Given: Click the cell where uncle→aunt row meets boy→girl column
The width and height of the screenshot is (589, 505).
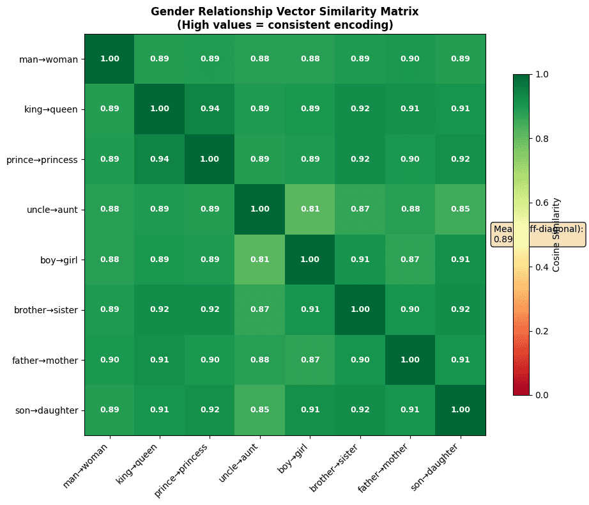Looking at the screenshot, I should [310, 209].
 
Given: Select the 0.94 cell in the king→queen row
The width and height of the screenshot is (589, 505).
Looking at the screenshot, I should [210, 109].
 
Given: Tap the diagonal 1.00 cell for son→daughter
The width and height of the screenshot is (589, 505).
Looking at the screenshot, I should [460, 410].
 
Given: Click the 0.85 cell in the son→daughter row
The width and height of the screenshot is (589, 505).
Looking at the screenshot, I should [260, 410].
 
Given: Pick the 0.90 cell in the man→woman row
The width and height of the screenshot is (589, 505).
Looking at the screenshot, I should [410, 59].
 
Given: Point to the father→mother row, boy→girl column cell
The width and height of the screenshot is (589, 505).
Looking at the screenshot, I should [310, 360].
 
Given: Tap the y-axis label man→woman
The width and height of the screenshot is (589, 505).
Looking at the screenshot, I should [49, 59].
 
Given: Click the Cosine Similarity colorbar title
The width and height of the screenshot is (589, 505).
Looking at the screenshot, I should [556, 234].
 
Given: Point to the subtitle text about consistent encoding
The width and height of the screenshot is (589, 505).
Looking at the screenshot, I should [285, 25].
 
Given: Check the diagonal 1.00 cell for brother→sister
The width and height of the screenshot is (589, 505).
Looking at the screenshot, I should [360, 310].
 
